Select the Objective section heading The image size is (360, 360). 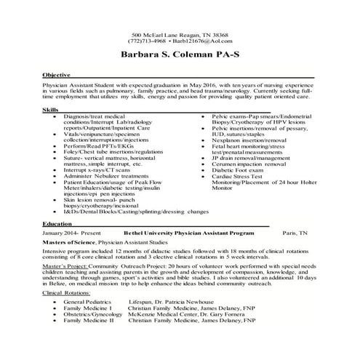[x=57, y=75]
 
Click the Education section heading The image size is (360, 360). [x=57, y=223]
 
